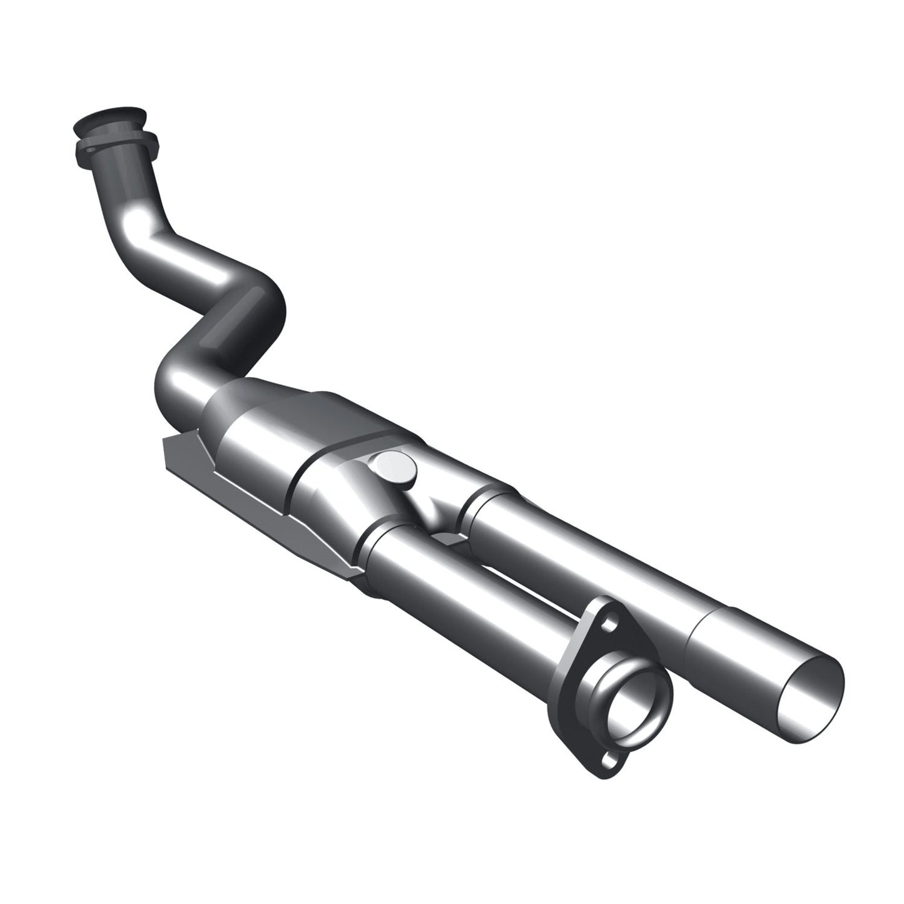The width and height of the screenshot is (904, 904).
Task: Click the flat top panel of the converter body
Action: (350, 413)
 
